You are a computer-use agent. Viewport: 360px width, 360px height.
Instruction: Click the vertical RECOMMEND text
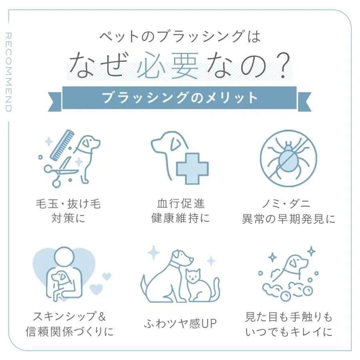8,72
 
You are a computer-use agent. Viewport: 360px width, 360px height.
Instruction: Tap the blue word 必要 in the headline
168,65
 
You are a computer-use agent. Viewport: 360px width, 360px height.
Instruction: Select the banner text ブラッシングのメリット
180,98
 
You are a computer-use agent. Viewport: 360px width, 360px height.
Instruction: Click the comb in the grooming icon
62,145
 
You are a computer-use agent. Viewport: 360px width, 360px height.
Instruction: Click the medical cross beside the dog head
192,169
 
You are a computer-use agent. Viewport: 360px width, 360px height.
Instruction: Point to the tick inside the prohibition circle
288,158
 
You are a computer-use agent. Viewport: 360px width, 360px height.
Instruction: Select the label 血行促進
181,204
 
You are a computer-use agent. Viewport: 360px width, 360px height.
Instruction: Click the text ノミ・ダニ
286,204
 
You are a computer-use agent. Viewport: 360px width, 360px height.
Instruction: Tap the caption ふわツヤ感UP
180,324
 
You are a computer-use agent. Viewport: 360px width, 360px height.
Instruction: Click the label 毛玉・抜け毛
68,204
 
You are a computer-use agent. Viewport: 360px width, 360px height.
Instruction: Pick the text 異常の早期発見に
288,219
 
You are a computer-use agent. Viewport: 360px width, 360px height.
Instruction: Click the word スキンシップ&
69,316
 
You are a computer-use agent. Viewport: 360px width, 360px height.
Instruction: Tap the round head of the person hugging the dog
64,257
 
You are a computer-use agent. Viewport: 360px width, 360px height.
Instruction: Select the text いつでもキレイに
289,332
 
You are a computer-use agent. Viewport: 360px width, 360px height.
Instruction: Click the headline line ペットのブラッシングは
180,36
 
